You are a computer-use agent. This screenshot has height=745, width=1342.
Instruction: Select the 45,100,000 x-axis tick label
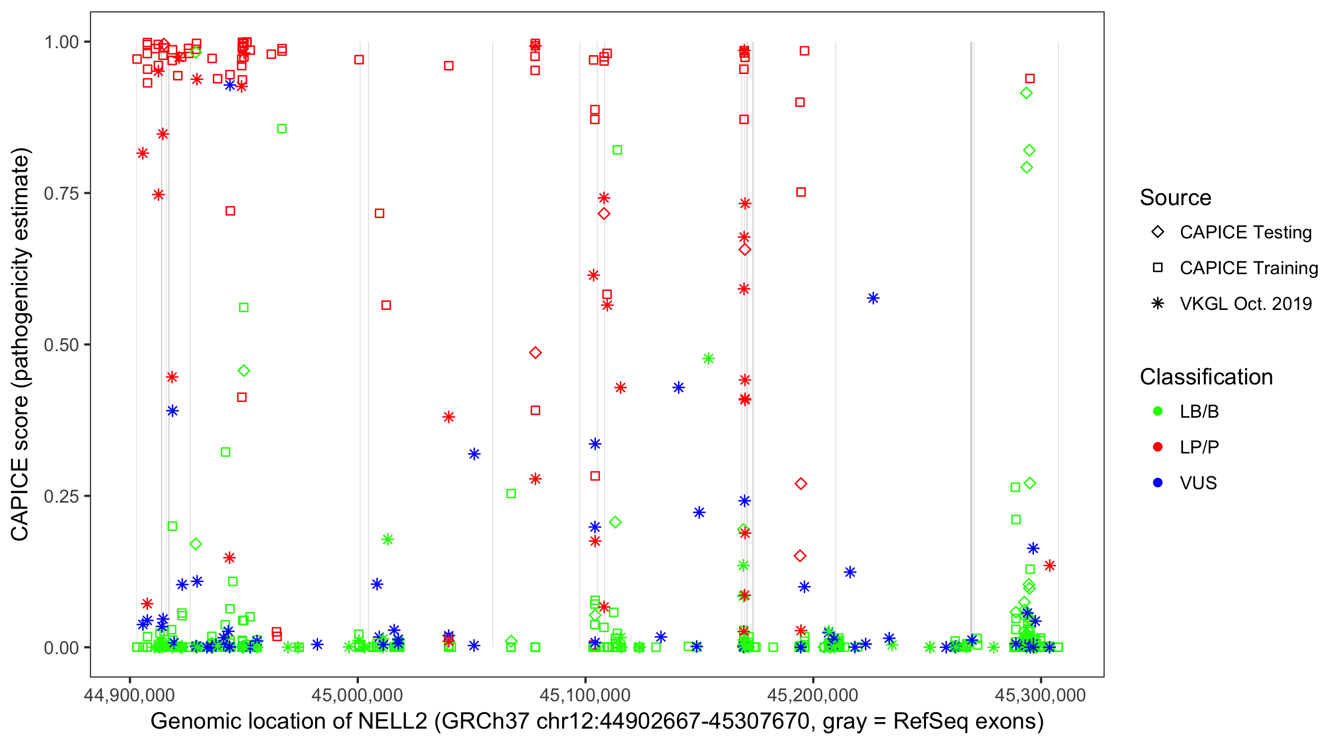click(x=585, y=695)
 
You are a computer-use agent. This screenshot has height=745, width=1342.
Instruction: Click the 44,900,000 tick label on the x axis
click(x=129, y=695)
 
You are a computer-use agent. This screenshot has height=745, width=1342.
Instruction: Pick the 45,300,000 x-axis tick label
click(x=1040, y=695)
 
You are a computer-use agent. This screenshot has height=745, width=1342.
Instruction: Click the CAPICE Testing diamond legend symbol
click(x=1158, y=232)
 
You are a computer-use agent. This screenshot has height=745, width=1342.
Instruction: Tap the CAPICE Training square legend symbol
click(x=1158, y=268)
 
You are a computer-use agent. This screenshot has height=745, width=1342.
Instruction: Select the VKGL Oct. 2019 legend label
click(x=1246, y=303)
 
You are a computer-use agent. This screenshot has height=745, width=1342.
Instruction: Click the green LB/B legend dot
click(x=1158, y=412)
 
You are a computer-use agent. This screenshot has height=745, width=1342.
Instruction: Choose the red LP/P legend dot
click(x=1158, y=447)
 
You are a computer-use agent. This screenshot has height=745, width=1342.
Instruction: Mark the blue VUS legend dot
click(x=1158, y=483)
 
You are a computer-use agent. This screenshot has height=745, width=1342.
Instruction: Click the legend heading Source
click(x=1175, y=198)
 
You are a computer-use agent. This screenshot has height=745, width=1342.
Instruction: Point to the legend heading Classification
click(x=1206, y=377)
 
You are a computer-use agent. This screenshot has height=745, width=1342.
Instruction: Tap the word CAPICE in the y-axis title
click(x=20, y=500)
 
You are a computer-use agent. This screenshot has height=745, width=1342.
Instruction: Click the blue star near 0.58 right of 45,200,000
click(x=873, y=298)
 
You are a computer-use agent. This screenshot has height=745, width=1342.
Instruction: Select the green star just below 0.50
click(x=708, y=359)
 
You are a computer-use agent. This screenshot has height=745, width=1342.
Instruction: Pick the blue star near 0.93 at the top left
click(x=230, y=85)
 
